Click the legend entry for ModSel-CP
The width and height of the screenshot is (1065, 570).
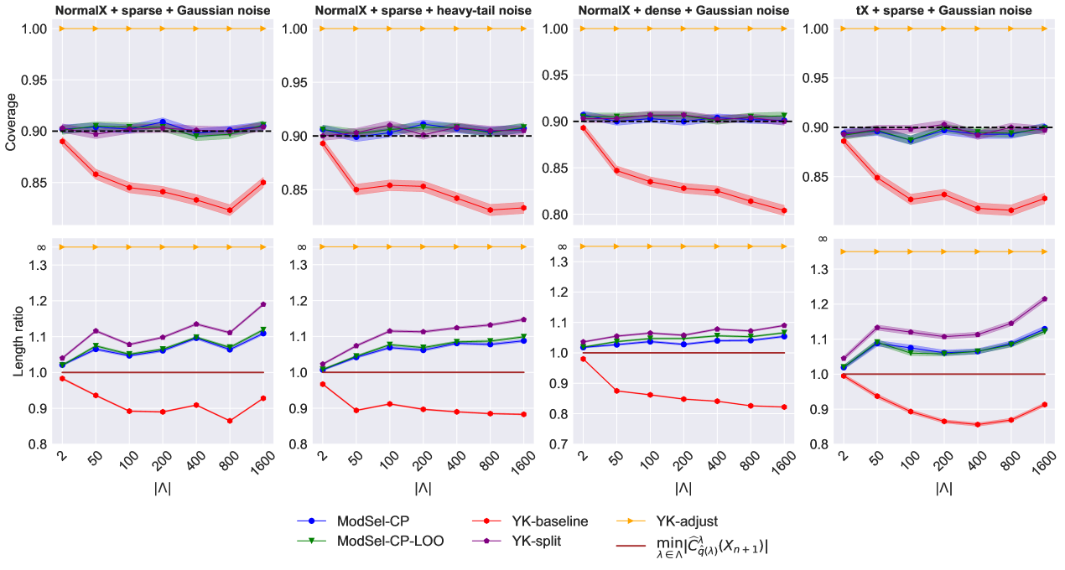(364, 521)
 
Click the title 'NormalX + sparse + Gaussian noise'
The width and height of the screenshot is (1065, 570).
(163, 10)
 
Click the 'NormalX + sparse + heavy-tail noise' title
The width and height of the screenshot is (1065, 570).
(423, 10)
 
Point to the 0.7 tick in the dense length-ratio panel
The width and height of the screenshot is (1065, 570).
(557, 444)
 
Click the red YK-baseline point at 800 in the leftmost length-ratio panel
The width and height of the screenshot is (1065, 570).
(230, 421)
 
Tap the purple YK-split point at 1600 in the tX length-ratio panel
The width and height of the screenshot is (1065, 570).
(1045, 298)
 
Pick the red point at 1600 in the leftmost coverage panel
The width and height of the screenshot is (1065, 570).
(263, 182)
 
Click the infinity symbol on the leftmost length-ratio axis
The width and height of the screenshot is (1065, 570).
(41, 246)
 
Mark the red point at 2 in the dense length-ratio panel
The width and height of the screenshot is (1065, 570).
(583, 359)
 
